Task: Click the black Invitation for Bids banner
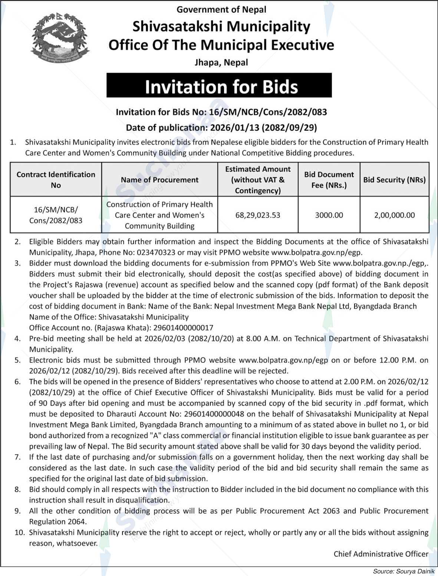(x=219, y=86)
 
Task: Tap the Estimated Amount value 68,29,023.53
(x=258, y=215)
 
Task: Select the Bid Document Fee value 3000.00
(x=329, y=215)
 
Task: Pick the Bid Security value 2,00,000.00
(x=394, y=215)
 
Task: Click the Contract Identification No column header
(x=56, y=180)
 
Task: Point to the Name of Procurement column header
(x=159, y=180)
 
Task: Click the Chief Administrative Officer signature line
(x=381, y=554)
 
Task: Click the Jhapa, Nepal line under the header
(x=221, y=63)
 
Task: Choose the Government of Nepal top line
(x=221, y=10)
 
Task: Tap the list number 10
(x=20, y=533)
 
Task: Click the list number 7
(x=17, y=457)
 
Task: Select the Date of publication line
(x=221, y=128)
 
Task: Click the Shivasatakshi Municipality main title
(x=221, y=27)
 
